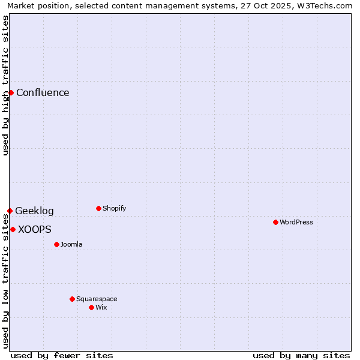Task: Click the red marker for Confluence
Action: click(11, 92)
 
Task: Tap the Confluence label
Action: click(43, 92)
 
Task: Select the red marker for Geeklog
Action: click(10, 211)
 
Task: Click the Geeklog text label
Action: click(34, 211)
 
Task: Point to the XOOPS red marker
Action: click(13, 229)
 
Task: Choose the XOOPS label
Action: click(35, 229)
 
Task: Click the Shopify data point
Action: click(98, 208)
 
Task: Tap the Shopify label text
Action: click(114, 208)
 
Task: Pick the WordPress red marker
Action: click(275, 222)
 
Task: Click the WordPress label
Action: click(296, 222)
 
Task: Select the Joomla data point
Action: click(56, 244)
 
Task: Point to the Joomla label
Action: click(71, 244)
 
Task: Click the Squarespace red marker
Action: click(72, 299)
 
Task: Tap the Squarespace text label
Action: click(97, 299)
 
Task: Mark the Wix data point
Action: click(91, 307)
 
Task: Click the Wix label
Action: click(101, 307)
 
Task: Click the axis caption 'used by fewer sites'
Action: click(62, 355)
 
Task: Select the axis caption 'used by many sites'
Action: click(301, 355)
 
